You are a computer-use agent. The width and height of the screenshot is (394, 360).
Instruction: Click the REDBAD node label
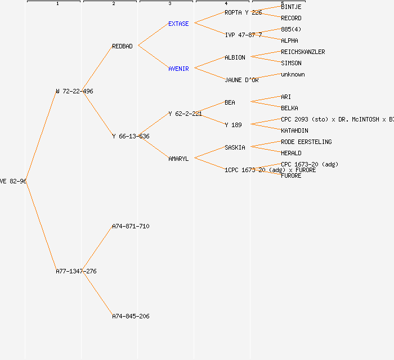122,46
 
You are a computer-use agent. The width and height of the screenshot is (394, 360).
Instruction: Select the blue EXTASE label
178,24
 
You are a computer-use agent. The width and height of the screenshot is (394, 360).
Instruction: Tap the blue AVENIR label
178,69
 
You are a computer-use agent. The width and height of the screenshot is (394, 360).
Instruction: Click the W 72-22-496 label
74,91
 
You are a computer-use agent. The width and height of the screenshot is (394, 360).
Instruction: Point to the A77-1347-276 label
76,271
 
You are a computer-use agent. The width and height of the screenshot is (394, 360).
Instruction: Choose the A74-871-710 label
131,226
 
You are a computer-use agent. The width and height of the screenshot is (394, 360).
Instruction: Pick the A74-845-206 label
131,316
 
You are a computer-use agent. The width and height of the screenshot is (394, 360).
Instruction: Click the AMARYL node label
178,159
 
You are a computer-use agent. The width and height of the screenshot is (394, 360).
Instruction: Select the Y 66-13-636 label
131,136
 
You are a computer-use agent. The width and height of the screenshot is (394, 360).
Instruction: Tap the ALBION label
235,57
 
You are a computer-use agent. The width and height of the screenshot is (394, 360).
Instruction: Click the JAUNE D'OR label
241,80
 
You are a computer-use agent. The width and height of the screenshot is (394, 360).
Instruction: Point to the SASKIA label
235,147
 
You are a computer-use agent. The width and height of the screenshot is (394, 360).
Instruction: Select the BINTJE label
291,7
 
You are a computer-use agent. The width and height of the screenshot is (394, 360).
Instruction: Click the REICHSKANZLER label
303,52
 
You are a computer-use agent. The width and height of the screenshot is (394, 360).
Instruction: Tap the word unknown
293,74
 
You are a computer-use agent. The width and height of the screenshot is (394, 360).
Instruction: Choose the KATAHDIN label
294,130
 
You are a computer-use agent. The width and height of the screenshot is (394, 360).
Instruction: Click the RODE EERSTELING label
306,142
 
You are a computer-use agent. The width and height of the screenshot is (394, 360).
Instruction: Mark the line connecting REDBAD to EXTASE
153,34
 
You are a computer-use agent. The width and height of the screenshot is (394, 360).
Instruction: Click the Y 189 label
233,125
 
